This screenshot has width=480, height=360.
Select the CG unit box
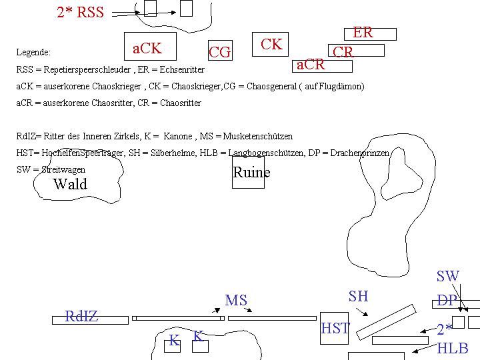click(220, 51)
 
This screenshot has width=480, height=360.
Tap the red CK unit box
click(271, 45)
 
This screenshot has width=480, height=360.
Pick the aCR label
click(311, 65)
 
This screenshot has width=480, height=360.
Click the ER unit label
click(363, 33)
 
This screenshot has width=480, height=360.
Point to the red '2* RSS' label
click(81, 13)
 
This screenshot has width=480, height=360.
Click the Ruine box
click(248, 173)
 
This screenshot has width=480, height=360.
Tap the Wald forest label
click(70, 184)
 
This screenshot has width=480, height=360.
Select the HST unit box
click(335, 328)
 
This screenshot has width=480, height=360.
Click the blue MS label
click(236, 301)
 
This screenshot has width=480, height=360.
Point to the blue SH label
click(358, 296)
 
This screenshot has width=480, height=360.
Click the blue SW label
click(448, 276)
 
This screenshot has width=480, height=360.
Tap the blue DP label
click(447, 301)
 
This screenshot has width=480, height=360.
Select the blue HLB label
click(453, 348)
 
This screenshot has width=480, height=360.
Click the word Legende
click(33, 52)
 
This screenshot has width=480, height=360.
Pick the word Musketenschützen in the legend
click(257, 136)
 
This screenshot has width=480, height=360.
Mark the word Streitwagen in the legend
click(63, 170)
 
